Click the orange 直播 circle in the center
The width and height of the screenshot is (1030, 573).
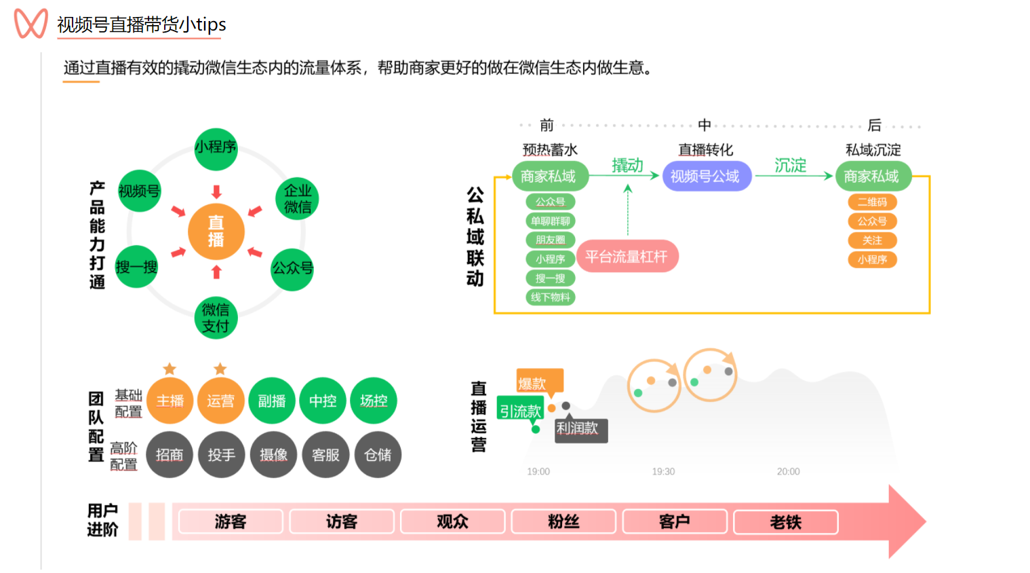pyautogui.click(x=216, y=232)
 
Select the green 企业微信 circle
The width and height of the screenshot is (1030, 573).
pyautogui.click(x=297, y=198)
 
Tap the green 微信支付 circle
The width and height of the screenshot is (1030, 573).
pyautogui.click(x=216, y=317)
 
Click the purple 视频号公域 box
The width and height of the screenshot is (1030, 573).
pyautogui.click(x=705, y=177)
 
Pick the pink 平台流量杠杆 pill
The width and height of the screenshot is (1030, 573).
pyautogui.click(x=627, y=257)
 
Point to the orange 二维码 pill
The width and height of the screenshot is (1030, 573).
pyautogui.click(x=872, y=202)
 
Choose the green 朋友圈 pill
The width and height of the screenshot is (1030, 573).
pyautogui.click(x=550, y=240)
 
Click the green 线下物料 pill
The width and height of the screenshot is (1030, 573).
pyautogui.click(x=550, y=297)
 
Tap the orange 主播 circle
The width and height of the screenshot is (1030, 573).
pyautogui.click(x=170, y=401)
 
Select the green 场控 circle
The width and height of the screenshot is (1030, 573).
pyautogui.click(x=374, y=401)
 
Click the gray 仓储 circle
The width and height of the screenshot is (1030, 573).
pyautogui.click(x=378, y=454)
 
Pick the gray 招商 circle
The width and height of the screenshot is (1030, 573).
pyautogui.click(x=170, y=454)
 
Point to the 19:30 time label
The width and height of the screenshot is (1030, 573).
pyautogui.click(x=663, y=471)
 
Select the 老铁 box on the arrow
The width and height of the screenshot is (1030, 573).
pyautogui.click(x=785, y=521)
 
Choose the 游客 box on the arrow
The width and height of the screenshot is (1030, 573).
pyautogui.click(x=231, y=521)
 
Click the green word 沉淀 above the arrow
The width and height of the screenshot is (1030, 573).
pyautogui.click(x=790, y=165)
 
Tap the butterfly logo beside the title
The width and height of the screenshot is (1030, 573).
pyautogui.click(x=31, y=24)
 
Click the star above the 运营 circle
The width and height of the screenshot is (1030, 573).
pyautogui.click(x=220, y=369)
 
